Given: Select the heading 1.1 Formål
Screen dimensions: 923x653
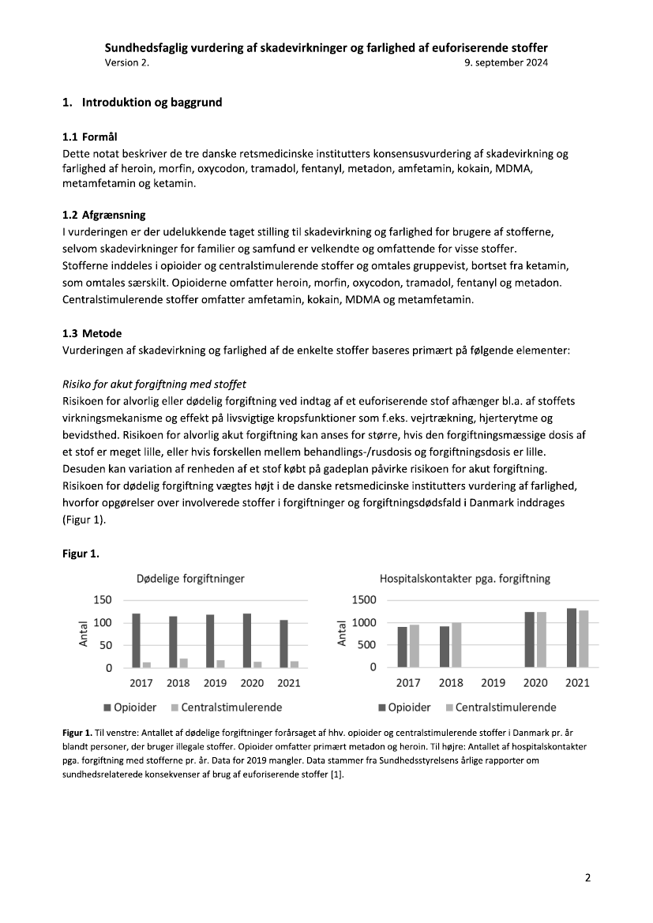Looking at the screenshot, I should click(x=90, y=138).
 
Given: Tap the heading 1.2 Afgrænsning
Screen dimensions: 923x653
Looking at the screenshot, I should click(x=103, y=215).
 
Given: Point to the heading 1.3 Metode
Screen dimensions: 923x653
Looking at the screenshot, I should click(x=92, y=333).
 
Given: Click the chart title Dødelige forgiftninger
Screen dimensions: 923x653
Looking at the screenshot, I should click(x=190, y=579).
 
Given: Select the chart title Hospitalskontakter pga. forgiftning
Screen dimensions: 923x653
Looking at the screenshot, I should click(x=465, y=579).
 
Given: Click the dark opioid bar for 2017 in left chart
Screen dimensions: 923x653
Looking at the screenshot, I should click(x=136, y=640).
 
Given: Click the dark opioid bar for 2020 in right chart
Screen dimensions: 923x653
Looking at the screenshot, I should click(x=530, y=640).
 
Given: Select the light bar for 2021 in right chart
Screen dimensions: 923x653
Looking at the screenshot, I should click(x=584, y=639).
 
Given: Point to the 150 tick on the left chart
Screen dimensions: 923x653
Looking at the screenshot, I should click(x=103, y=600).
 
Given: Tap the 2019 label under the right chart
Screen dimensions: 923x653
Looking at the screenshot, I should click(x=493, y=683).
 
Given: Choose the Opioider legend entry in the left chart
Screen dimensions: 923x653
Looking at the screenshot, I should click(x=130, y=707).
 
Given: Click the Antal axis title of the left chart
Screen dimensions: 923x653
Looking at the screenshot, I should click(x=84, y=634).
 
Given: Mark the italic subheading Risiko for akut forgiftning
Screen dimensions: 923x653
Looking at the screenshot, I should click(x=154, y=385).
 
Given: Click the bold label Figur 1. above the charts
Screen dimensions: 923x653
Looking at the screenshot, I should click(x=81, y=553).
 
